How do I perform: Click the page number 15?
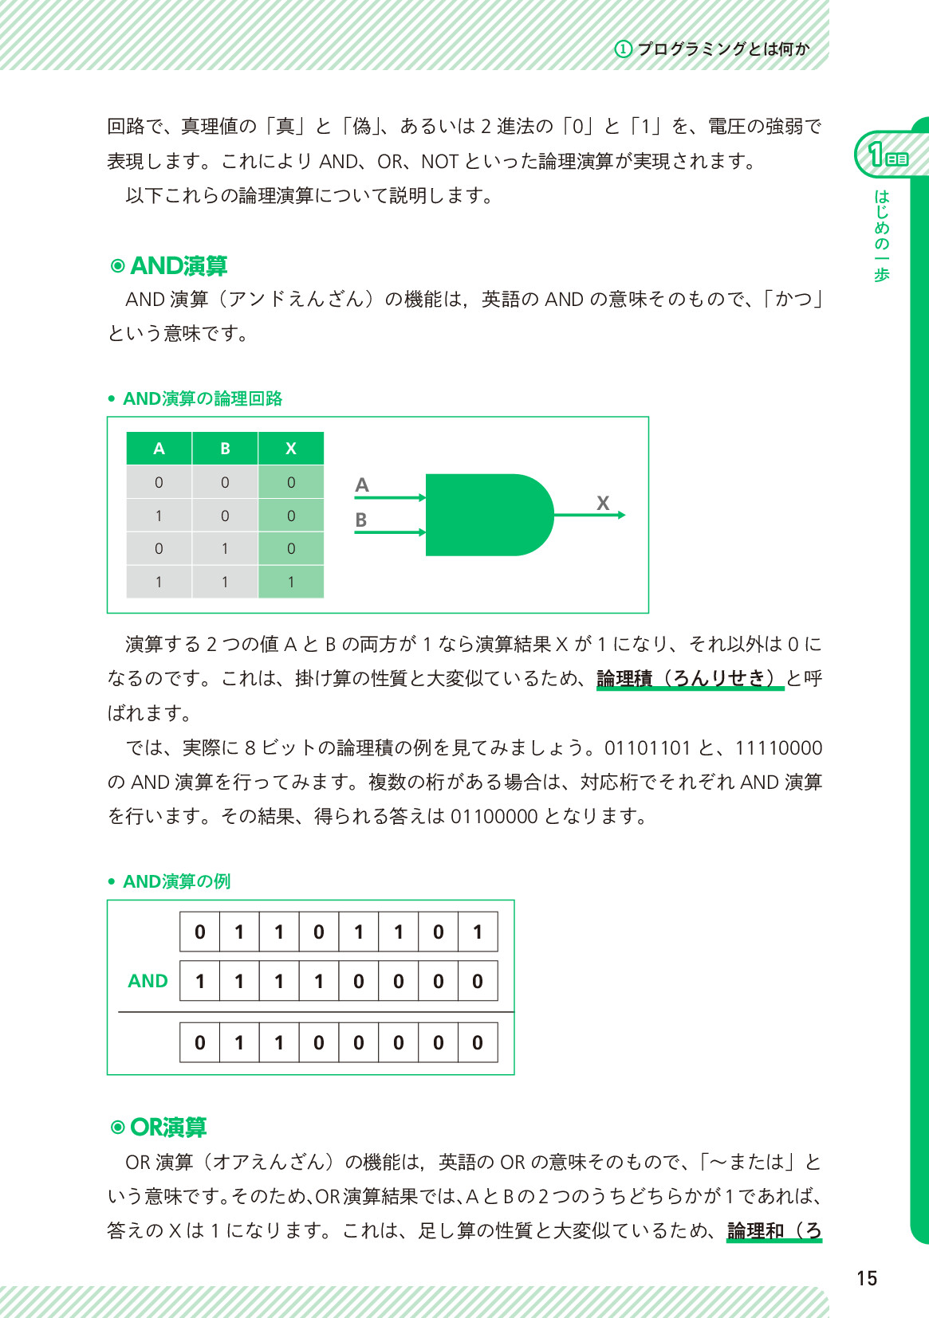[867, 1278]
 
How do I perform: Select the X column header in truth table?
[291, 449]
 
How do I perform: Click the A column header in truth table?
[159, 449]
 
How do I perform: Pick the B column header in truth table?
[225, 449]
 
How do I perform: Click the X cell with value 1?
[291, 582]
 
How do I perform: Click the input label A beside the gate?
[362, 484]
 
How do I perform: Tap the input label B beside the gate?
[361, 520]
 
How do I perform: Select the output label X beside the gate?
[603, 503]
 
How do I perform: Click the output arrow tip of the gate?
[622, 515]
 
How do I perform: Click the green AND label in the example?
[148, 981]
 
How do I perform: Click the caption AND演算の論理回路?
[203, 398]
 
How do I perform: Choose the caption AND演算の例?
[176, 881]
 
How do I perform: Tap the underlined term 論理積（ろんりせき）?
[690, 678]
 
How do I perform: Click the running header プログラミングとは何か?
[722, 49]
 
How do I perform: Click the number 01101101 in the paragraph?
[647, 747]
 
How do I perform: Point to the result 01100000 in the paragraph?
[494, 816]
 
